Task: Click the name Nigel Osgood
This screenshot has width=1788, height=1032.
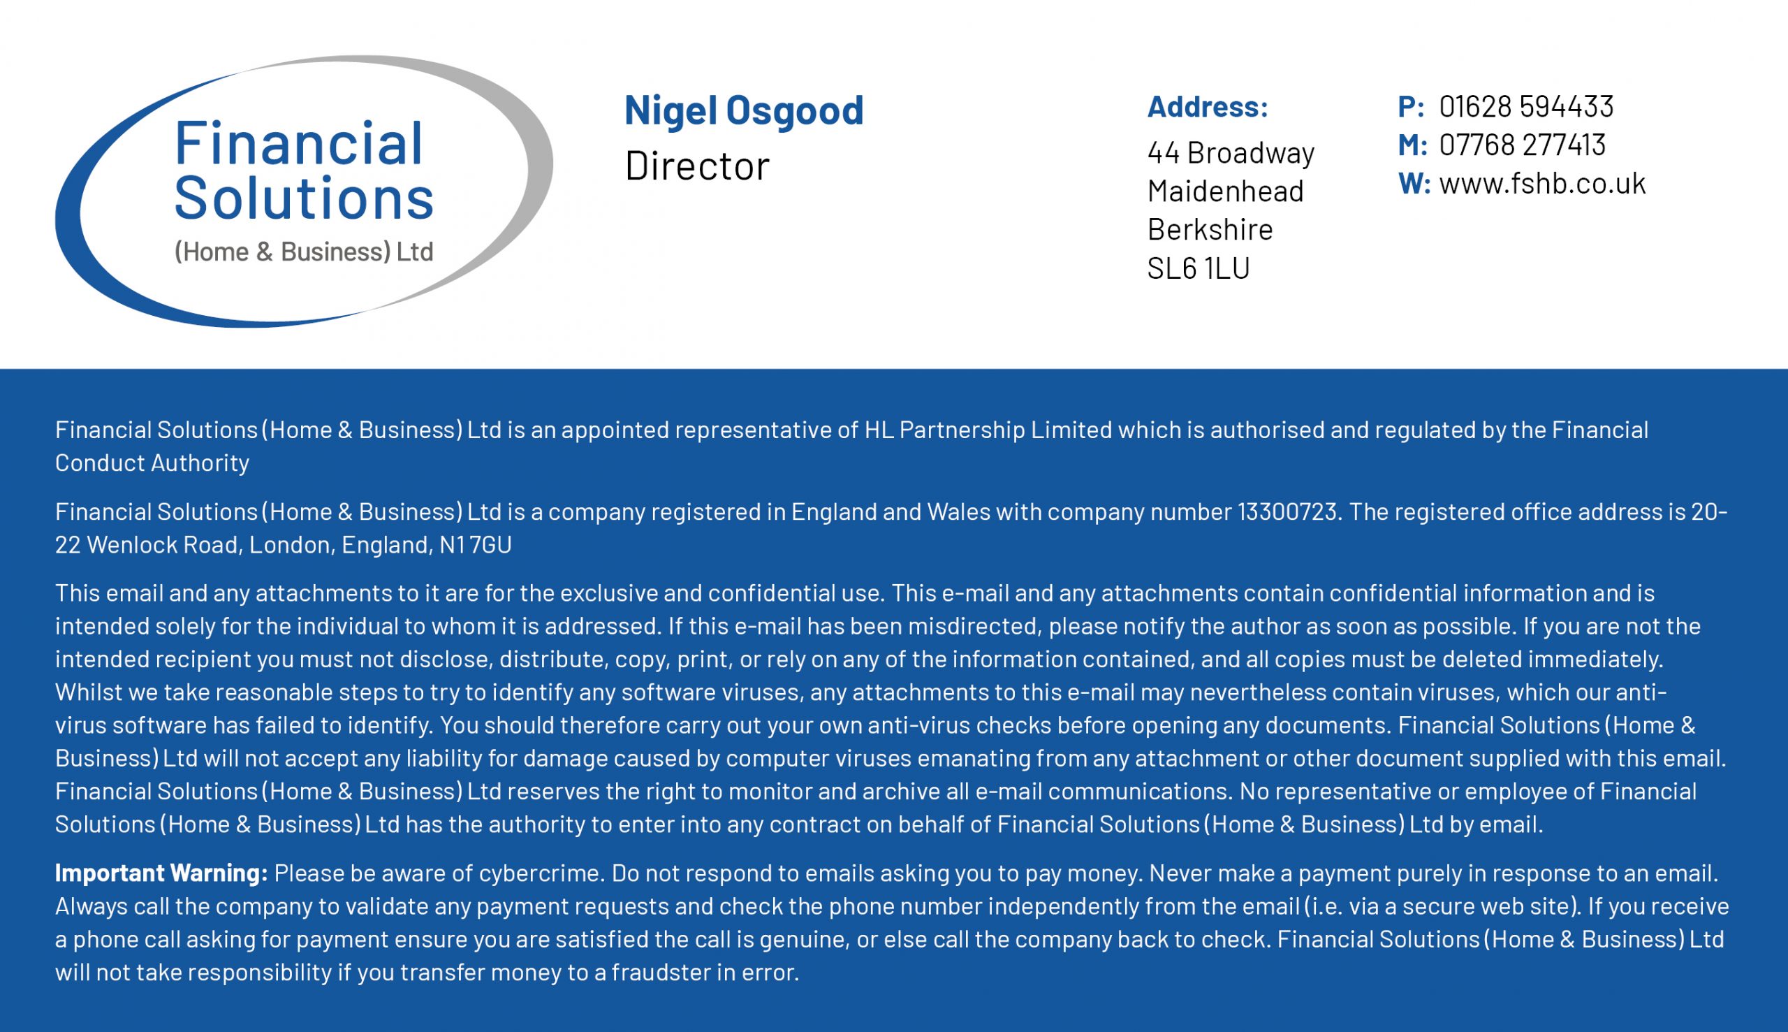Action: (x=743, y=110)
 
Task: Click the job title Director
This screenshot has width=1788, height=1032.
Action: (x=696, y=166)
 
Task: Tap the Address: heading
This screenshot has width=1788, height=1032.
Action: (x=1207, y=107)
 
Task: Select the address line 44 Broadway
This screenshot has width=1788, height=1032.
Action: (x=1231, y=153)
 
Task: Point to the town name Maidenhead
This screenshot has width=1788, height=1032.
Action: (x=1225, y=191)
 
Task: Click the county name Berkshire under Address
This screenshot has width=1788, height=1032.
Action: (x=1209, y=230)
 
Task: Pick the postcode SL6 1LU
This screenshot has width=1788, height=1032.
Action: (x=1198, y=268)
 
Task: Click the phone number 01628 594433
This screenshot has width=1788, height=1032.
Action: (x=1526, y=107)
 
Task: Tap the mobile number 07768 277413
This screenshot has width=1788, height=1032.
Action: (x=1522, y=145)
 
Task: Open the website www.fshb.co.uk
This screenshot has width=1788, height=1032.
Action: (x=1541, y=184)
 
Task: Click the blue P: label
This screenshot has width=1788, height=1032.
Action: (x=1410, y=107)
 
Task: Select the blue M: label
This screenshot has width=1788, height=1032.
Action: (x=1412, y=145)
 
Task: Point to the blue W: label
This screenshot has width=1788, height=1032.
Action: (x=1414, y=184)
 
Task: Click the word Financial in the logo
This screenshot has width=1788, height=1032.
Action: (x=298, y=144)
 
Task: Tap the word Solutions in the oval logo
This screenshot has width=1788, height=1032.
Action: (x=303, y=198)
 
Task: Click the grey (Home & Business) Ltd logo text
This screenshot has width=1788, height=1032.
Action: (x=303, y=252)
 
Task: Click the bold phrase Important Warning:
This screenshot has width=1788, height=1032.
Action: (x=161, y=873)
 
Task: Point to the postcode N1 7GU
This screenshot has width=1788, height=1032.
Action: (x=475, y=545)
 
